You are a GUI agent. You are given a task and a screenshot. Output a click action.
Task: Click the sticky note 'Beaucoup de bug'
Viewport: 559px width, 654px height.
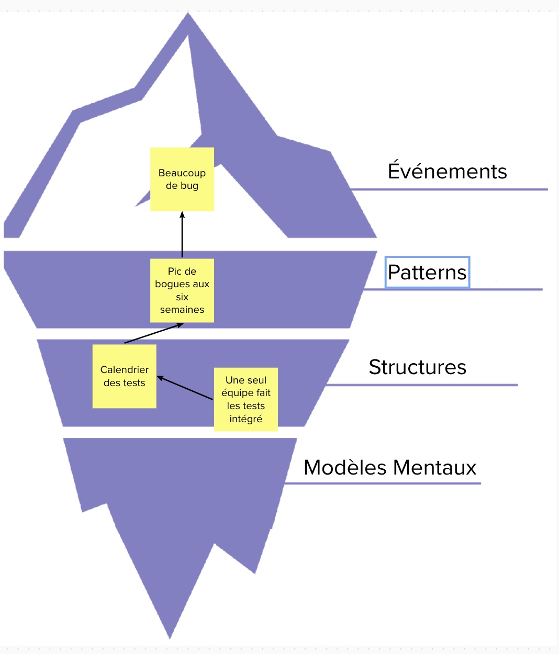point(182,179)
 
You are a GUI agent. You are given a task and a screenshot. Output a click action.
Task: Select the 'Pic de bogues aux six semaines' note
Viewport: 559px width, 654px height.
point(182,290)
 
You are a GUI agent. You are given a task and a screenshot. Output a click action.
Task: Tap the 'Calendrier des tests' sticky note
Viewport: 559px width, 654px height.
point(124,376)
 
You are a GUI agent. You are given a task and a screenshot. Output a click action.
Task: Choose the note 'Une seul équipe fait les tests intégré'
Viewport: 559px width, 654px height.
point(245,399)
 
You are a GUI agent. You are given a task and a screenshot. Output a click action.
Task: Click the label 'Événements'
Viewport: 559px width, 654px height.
point(447,172)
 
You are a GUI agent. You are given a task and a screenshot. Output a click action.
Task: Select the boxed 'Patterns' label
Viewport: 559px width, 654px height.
point(427,272)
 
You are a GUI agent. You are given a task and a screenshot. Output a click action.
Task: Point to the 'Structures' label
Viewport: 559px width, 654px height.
point(417,367)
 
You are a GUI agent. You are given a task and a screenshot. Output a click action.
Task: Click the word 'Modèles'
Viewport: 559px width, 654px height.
point(345,468)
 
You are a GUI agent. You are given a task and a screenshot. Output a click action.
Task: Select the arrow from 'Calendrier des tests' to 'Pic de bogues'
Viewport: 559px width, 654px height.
point(153,334)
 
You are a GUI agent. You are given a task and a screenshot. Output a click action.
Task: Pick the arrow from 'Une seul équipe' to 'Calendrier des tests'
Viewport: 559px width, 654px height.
point(185,388)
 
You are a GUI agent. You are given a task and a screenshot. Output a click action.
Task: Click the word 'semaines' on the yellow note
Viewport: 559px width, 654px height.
point(182,310)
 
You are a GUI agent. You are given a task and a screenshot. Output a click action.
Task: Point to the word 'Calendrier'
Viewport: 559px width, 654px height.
point(124,370)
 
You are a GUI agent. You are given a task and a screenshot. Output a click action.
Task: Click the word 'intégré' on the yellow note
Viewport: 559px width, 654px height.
point(245,419)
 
